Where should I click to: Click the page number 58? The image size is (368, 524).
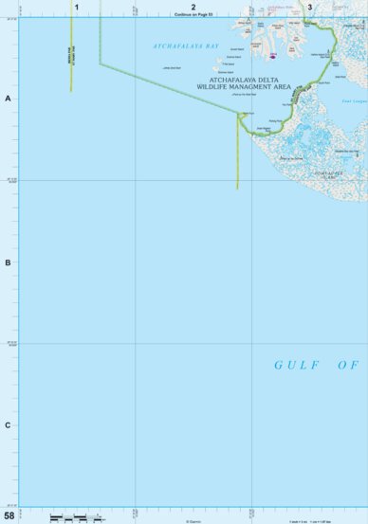(x=9, y=515)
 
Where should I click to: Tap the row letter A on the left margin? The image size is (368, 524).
(x=8, y=99)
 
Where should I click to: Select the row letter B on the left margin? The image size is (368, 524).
(x=8, y=262)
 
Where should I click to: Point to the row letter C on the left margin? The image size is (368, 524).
(x=8, y=425)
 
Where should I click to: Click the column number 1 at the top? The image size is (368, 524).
(x=77, y=7)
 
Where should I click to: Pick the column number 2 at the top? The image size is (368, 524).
(x=193, y=7)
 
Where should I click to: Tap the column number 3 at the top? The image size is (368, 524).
(x=309, y=7)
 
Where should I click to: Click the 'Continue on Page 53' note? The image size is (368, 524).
(x=193, y=14)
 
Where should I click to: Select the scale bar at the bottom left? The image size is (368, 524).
(x=71, y=517)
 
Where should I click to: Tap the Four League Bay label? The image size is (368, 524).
(x=354, y=99)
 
